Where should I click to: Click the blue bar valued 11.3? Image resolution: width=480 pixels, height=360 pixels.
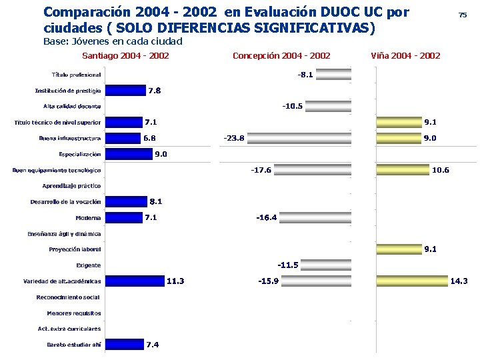click(x=134, y=281)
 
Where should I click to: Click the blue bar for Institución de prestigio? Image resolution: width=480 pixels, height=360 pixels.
click(x=125, y=90)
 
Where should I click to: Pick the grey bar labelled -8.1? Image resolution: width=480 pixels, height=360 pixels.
click(x=333, y=75)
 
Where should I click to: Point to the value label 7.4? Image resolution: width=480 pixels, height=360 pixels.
click(x=152, y=345)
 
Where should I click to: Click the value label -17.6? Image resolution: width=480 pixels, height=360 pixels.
click(x=261, y=170)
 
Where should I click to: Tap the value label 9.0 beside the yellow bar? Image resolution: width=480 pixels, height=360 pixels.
click(x=430, y=138)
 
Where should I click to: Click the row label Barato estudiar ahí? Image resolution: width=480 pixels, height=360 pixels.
click(x=73, y=345)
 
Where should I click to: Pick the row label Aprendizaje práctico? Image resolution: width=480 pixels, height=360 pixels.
click(x=71, y=185)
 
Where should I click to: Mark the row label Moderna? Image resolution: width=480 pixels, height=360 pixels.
click(x=88, y=217)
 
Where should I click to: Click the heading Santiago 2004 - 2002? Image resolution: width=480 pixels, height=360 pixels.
click(x=125, y=55)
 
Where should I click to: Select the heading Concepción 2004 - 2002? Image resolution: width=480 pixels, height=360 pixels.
click(x=281, y=55)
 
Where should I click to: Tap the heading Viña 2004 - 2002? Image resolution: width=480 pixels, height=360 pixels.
click(x=405, y=55)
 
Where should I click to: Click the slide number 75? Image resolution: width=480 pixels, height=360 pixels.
click(x=462, y=15)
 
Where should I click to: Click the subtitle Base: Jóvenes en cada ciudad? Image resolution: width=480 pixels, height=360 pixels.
click(x=113, y=41)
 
